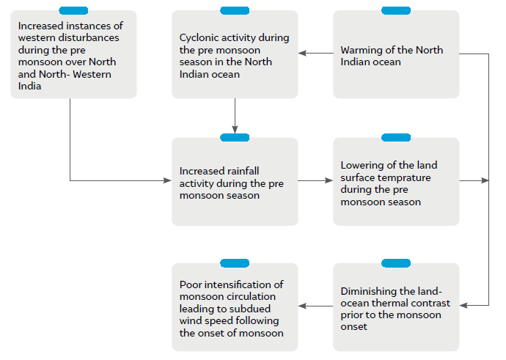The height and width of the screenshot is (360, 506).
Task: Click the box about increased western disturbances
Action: point(73,54)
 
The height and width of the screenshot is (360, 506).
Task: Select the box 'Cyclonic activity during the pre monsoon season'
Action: point(235,54)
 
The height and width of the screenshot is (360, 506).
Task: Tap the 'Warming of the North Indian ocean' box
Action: point(396,54)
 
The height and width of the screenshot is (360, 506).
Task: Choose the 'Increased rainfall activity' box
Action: point(235,182)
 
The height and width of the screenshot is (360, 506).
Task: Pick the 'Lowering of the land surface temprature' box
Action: point(396,182)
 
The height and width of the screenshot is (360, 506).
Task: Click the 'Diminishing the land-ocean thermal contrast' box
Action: point(396,307)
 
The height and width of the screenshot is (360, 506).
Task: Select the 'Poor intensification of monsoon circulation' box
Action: point(235,307)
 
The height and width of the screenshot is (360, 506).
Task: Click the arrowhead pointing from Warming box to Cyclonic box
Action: point(302,54)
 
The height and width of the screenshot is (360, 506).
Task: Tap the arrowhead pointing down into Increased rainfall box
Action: point(235,129)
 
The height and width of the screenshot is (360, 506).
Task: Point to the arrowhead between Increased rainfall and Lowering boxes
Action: point(329,180)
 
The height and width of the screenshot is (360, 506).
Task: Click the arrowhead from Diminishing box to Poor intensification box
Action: point(302,306)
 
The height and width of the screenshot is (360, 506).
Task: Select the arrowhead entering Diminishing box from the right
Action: point(463,305)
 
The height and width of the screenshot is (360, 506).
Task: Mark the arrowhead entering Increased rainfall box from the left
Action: point(167,180)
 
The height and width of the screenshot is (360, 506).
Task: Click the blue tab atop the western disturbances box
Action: point(73,11)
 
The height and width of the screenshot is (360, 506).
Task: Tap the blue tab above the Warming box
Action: point(396,11)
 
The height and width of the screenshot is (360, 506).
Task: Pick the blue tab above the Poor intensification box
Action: point(235,263)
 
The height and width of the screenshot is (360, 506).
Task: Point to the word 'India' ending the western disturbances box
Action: point(29,86)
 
